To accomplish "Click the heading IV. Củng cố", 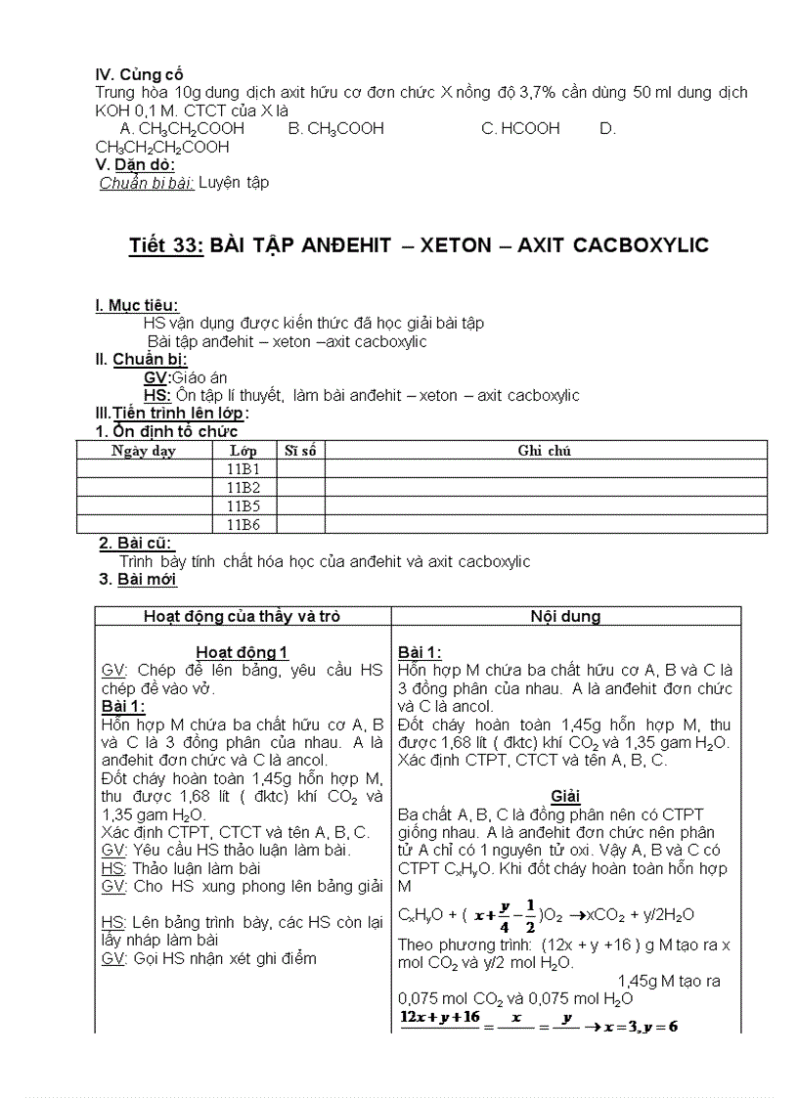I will (x=139, y=74).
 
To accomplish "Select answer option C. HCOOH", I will (x=520, y=128).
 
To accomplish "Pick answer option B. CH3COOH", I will (x=335, y=128).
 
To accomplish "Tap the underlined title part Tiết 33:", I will (x=165, y=245).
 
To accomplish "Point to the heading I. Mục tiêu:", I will (x=137, y=306).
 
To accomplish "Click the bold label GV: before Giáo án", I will (x=156, y=377).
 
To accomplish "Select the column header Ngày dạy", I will (x=144, y=451).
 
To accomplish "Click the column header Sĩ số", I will (x=301, y=451).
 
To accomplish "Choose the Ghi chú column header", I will (x=545, y=451).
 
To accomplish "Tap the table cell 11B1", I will (x=243, y=469).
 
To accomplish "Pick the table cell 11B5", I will (x=243, y=506).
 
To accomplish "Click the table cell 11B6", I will (x=243, y=525).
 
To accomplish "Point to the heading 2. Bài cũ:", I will (x=137, y=544).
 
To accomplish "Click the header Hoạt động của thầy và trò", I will (x=242, y=616).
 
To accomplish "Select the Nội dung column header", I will (x=565, y=616).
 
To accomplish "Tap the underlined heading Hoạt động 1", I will (x=242, y=652).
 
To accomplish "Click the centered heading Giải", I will (x=565, y=796).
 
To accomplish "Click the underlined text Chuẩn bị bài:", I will (x=147, y=183).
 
